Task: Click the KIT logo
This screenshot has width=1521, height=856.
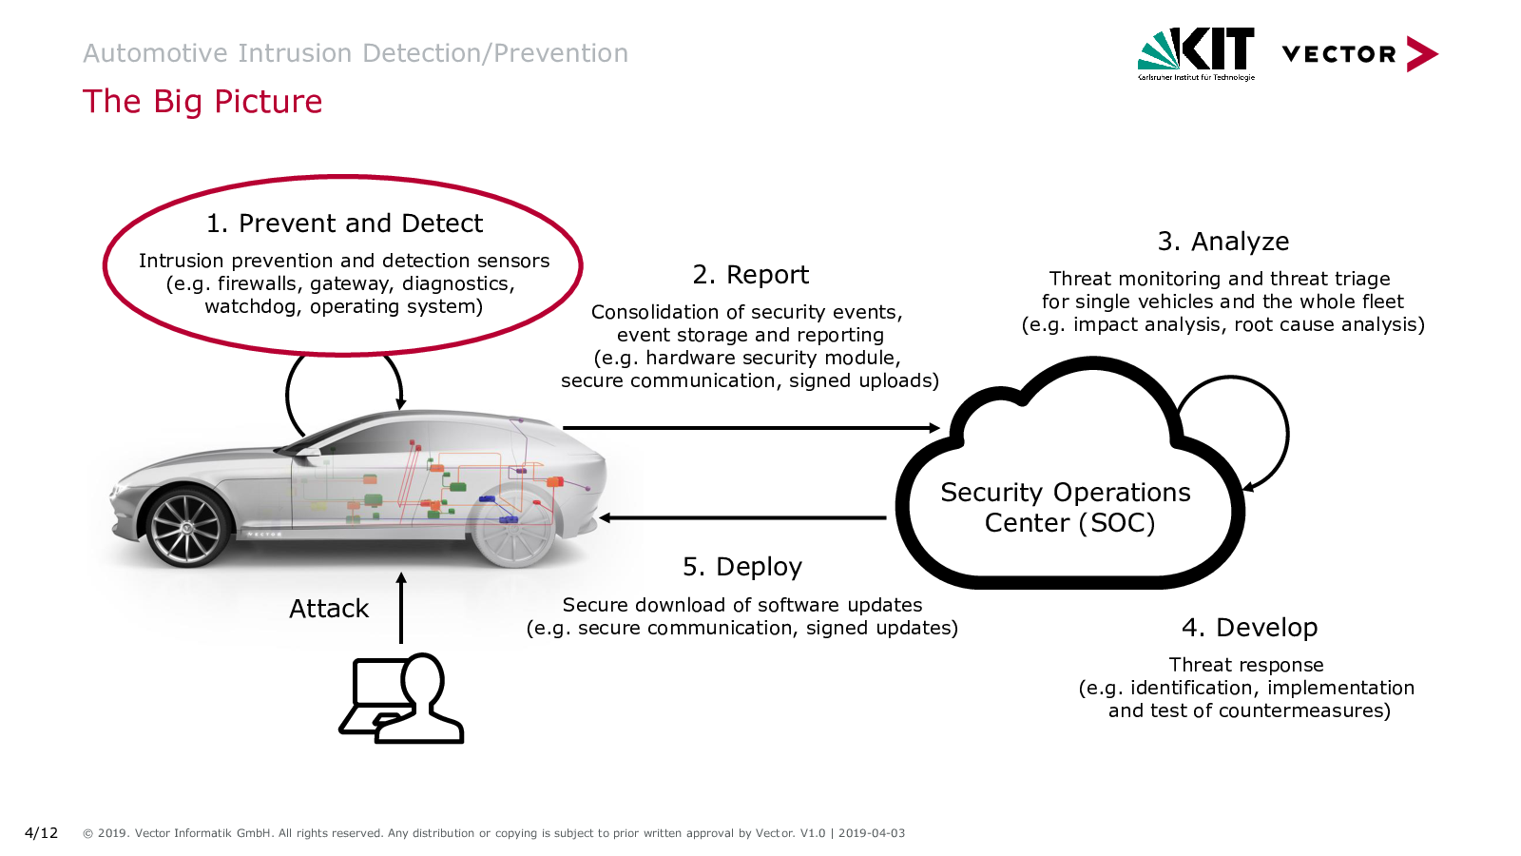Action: click(x=1196, y=53)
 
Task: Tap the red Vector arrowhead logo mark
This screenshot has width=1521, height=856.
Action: click(x=1422, y=54)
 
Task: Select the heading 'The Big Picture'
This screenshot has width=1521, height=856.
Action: click(x=202, y=102)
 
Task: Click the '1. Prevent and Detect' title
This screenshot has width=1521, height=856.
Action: click(x=344, y=224)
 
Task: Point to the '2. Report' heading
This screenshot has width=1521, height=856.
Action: click(x=750, y=275)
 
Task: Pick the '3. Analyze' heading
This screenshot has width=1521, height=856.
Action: click(x=1223, y=242)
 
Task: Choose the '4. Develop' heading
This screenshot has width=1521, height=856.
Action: click(x=1249, y=628)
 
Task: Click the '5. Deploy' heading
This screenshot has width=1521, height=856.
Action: click(x=741, y=567)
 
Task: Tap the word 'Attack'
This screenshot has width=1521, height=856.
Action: click(x=328, y=609)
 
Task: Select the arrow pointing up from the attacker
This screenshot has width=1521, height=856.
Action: click(x=401, y=609)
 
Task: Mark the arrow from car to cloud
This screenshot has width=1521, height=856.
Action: click(x=751, y=428)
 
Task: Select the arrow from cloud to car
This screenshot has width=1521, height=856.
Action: click(x=741, y=518)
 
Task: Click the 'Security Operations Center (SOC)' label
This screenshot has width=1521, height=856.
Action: click(x=1067, y=508)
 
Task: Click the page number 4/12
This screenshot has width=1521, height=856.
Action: click(x=41, y=833)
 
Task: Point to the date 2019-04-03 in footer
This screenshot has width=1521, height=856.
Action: click(x=871, y=833)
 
